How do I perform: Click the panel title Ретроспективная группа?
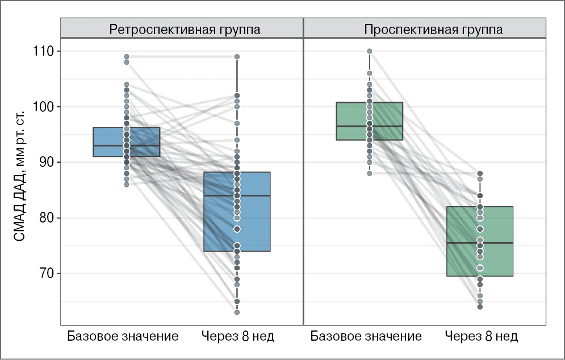(x=185, y=30)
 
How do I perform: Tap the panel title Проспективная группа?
(x=434, y=30)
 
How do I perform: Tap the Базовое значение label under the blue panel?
(x=123, y=336)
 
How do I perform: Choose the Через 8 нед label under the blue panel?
(x=238, y=336)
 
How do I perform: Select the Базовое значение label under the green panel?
(x=366, y=336)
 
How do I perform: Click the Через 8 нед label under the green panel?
(x=482, y=336)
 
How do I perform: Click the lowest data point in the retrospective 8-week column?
(x=237, y=312)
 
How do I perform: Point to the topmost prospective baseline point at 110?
(x=369, y=51)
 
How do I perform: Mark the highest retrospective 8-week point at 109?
(x=237, y=57)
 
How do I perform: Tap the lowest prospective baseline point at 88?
(x=369, y=174)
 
